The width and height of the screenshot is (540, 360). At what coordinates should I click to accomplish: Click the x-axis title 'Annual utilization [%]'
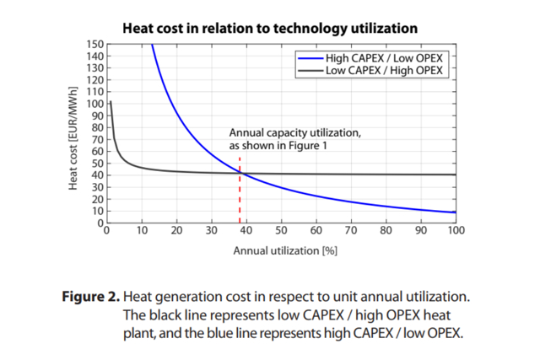click(x=281, y=251)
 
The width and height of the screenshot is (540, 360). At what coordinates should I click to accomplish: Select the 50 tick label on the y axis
click(x=96, y=164)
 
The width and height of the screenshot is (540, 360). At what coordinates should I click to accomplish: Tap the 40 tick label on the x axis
click(x=246, y=231)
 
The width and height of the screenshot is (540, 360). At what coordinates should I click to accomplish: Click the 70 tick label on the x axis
click(x=351, y=231)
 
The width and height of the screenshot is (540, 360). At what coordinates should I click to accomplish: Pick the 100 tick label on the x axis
click(x=456, y=231)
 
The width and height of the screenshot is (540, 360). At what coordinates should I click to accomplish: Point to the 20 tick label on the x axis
click(x=176, y=231)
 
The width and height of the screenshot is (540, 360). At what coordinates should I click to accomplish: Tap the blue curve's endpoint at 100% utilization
click(x=456, y=212)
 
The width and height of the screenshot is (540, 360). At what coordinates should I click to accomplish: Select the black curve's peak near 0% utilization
click(x=111, y=102)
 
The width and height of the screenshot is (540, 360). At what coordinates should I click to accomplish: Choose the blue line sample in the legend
click(x=307, y=57)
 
